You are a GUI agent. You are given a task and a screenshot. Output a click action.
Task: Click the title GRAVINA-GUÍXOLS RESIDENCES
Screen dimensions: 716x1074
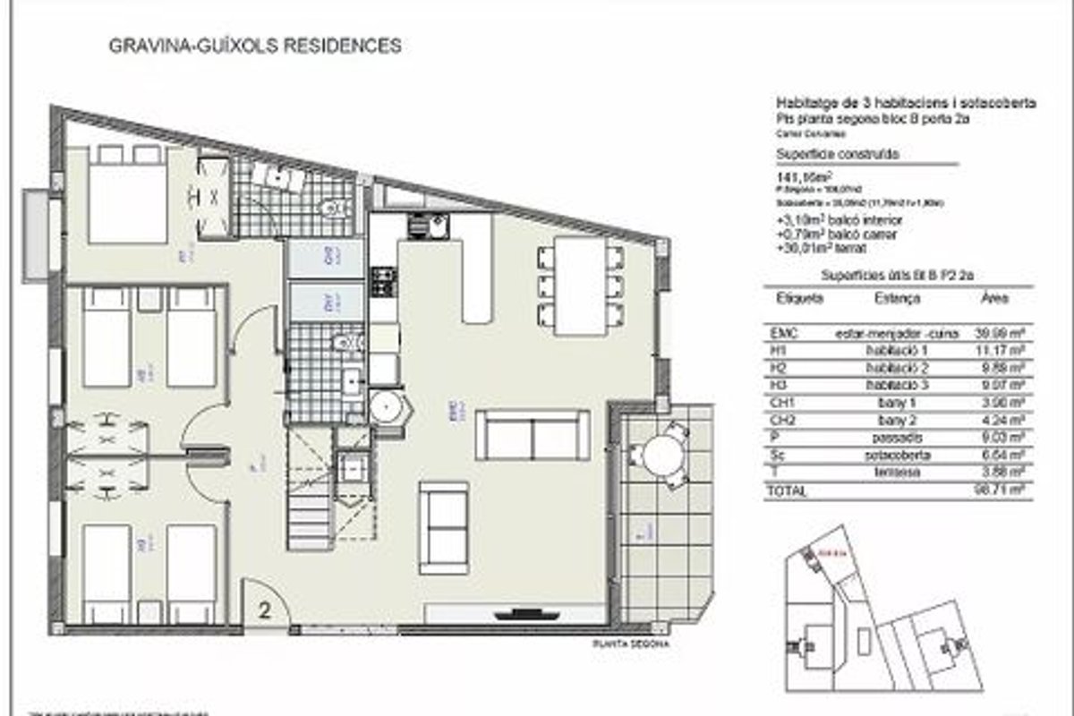pos(253,46)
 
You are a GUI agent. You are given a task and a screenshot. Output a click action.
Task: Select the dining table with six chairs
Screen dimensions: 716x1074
pos(580,285)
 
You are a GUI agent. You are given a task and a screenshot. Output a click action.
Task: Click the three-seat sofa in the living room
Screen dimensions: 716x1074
pos(532,435)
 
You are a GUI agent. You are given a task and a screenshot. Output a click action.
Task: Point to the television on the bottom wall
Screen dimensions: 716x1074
pos(519,614)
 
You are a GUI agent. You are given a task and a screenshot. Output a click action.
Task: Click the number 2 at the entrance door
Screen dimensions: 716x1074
pos(265,611)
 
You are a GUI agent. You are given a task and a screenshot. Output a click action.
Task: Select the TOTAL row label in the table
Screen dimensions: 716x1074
pos(788,491)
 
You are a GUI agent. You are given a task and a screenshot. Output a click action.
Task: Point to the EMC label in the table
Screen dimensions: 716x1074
pos(783,333)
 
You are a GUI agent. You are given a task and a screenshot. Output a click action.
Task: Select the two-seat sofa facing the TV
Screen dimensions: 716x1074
pos(444,528)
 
